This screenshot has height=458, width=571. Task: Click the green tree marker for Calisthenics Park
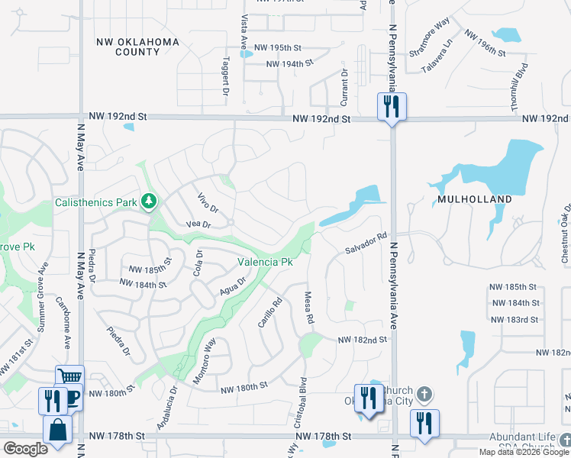(x=150, y=202)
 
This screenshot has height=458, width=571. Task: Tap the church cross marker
(x=425, y=395)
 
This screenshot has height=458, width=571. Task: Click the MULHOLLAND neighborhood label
(x=474, y=198)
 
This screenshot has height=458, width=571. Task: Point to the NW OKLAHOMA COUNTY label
(x=137, y=47)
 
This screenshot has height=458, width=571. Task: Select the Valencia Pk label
(x=265, y=262)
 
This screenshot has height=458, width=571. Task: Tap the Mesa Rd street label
(x=309, y=307)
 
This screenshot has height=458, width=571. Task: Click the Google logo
(x=25, y=449)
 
